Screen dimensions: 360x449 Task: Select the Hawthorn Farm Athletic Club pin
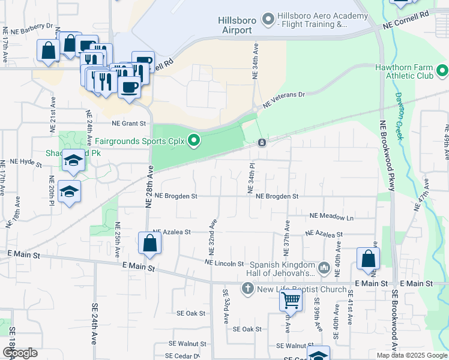tap(442, 71)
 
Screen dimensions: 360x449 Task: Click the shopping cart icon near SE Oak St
tap(291, 299)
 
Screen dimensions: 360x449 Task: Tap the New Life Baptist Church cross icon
tap(246, 289)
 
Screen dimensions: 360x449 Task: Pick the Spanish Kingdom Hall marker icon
tap(324, 267)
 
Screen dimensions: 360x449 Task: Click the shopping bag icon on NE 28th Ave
tap(149, 243)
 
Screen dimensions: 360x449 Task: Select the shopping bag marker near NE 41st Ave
tap(368, 259)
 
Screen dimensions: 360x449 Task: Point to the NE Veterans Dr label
tap(285, 99)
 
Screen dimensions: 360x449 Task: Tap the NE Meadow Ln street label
tap(331, 216)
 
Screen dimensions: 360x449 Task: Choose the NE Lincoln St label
tap(224, 263)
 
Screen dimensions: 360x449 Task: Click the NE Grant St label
tap(128, 124)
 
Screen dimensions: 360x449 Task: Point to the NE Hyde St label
tap(22, 162)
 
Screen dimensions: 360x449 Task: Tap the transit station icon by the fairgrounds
tap(262, 143)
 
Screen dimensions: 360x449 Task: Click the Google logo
tap(20, 353)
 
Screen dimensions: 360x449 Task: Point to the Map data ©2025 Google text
tap(411, 355)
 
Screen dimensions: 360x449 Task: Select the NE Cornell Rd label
tap(408, 19)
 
